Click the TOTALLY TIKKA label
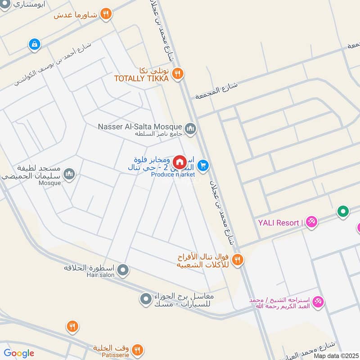(x=141, y=79)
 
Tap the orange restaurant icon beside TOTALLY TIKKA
(x=178, y=73)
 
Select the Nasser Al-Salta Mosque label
(x=139, y=126)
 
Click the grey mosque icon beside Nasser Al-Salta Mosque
(x=190, y=129)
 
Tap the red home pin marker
(x=179, y=162)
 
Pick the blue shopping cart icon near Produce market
(x=203, y=166)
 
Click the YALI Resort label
(x=279, y=222)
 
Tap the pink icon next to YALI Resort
(x=311, y=222)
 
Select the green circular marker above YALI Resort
(x=343, y=211)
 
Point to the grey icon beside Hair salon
(x=123, y=271)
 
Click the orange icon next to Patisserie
(x=137, y=350)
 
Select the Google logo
(x=19, y=353)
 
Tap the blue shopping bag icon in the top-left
(x=34, y=44)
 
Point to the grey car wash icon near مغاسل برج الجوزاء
(x=145, y=299)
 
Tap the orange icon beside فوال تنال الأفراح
(x=238, y=259)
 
